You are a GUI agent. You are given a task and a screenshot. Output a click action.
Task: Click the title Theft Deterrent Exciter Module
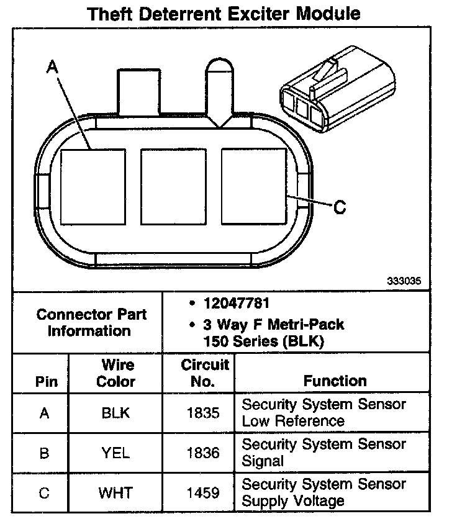(224, 13)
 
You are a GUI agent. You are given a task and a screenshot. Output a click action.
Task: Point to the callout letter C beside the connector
(339, 207)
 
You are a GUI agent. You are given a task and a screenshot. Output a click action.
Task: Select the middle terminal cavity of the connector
(173, 186)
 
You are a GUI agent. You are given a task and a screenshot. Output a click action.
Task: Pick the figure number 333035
(404, 281)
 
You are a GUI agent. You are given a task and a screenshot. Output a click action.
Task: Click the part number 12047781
(237, 304)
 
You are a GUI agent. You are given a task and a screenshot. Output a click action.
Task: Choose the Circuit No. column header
(205, 373)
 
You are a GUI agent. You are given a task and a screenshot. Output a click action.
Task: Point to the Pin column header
(43, 381)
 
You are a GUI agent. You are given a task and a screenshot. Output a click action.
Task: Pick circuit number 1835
(203, 413)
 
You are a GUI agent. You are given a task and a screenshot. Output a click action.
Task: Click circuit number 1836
(203, 453)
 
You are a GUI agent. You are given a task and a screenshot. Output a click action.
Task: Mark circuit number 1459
(203, 493)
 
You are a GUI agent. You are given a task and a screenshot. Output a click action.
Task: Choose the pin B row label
(43, 453)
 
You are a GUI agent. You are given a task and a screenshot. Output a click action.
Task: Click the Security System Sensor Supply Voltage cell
(324, 492)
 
